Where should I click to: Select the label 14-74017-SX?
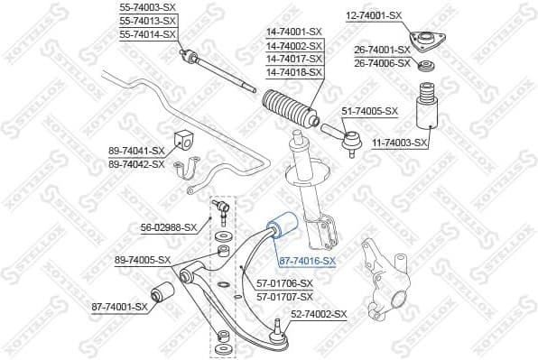293,59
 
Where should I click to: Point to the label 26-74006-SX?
382,63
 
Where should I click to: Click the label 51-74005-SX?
369,111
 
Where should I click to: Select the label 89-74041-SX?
136,151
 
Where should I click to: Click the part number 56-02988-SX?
168,226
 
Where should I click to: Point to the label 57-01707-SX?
285,296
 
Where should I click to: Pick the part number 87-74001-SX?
119,307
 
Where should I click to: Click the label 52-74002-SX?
318,313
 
